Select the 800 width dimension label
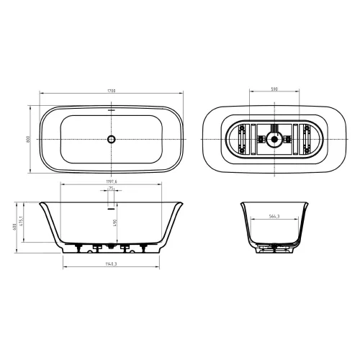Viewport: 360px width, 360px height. coord(29,139)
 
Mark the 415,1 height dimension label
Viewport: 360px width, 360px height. coord(23,220)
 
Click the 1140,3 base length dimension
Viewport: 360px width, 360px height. coord(112,265)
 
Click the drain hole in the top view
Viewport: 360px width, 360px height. coord(111,139)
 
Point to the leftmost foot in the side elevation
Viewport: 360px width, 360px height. coord(74,248)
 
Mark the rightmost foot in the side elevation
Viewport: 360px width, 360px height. coord(148,248)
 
